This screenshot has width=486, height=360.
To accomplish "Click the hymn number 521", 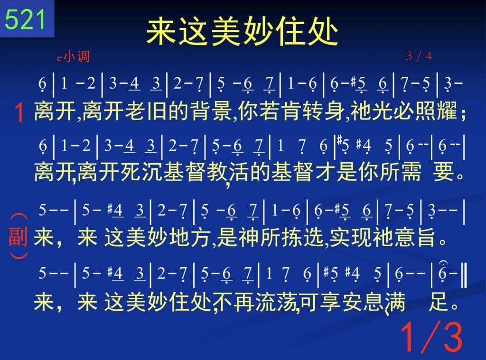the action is (x=25, y=19).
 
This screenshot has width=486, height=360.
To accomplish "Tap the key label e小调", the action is (x=73, y=57).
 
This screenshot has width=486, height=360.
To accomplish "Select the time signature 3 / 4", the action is (x=419, y=56).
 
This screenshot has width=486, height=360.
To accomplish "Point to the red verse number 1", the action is (x=19, y=112).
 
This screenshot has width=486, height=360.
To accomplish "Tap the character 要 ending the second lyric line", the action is (x=444, y=172).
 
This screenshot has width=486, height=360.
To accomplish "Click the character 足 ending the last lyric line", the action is (x=439, y=302).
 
